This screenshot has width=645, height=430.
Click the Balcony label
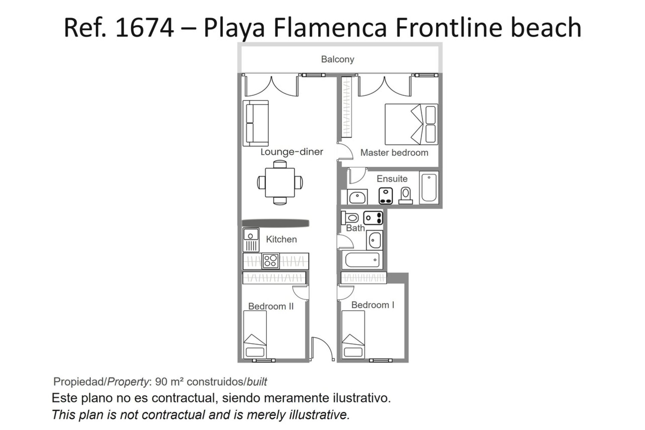coord(337,59)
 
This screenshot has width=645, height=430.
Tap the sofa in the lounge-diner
coord(256,123)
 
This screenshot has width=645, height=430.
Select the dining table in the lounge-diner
coord(279,182)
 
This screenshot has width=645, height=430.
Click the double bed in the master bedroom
coord(411,124)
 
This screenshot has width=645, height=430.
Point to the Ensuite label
coord(392,179)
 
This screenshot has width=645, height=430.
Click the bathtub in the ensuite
coord(429,187)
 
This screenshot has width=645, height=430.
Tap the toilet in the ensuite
coord(406,196)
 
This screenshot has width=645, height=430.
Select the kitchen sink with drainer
coord(251,240)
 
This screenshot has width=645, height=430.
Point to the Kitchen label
coord(281,240)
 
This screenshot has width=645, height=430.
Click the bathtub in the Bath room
coord(362,260)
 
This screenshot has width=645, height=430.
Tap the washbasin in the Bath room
coord(374,240)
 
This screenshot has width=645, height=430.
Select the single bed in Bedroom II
coord(255,334)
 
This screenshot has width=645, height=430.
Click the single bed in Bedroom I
coord(353,334)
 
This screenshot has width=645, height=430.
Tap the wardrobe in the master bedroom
coord(346,107)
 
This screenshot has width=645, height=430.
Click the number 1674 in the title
coord(144,28)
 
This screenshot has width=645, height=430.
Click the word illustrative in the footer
coord(319,415)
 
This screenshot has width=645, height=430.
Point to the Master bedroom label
coord(394,153)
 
